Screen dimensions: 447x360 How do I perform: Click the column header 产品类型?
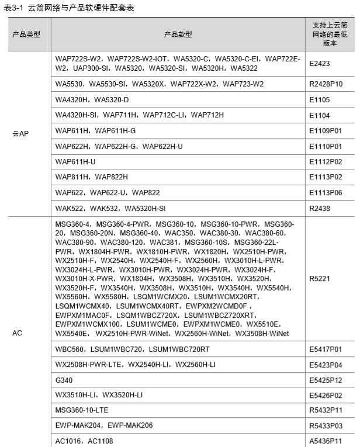point(27,34)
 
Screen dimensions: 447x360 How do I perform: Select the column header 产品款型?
point(178,34)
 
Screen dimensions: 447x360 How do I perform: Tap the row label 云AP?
point(22,134)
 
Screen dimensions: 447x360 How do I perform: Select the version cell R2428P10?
point(326,84)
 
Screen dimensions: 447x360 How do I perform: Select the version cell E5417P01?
point(326,349)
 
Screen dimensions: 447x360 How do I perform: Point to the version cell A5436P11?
point(326,441)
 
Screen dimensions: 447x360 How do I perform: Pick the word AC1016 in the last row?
point(69,441)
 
